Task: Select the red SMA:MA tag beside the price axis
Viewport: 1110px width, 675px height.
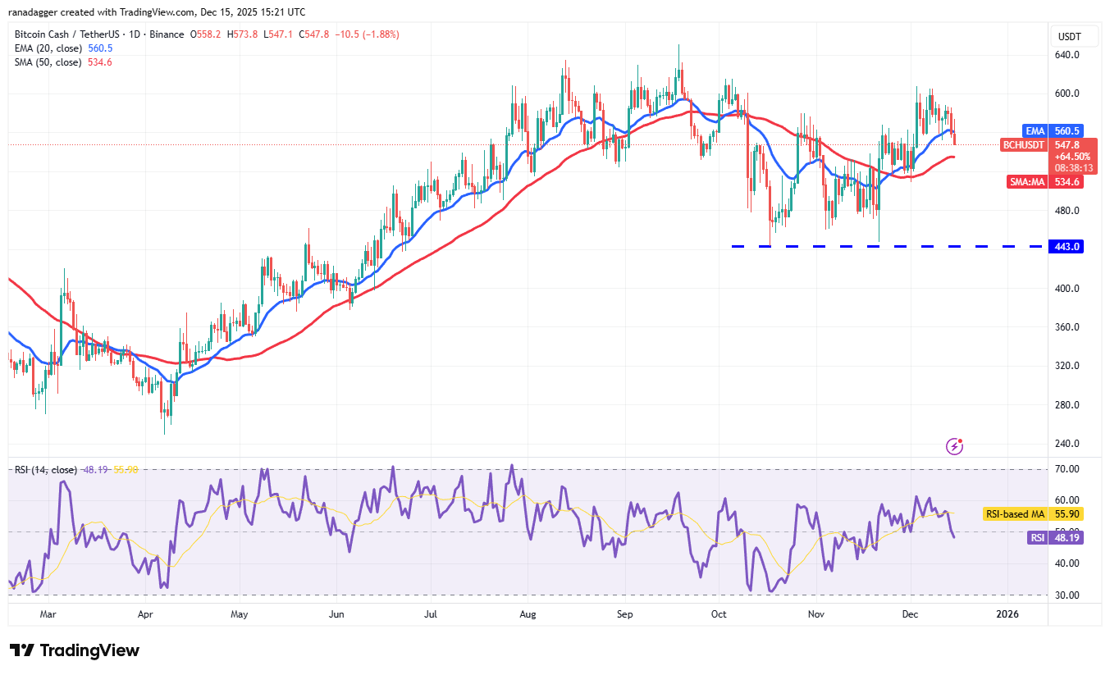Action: pyautogui.click(x=1025, y=182)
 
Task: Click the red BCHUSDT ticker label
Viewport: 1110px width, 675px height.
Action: pyautogui.click(x=1025, y=145)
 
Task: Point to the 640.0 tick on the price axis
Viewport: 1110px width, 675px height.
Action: pyautogui.click(x=1067, y=55)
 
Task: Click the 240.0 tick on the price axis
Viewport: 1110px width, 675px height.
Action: pyautogui.click(x=1067, y=444)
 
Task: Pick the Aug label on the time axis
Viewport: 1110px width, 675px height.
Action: pyautogui.click(x=528, y=613)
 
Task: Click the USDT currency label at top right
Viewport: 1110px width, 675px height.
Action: pyautogui.click(x=1070, y=36)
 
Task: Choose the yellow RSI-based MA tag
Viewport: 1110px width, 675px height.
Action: pyautogui.click(x=1015, y=514)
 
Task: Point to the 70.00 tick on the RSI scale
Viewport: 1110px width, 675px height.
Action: pyautogui.click(x=1067, y=469)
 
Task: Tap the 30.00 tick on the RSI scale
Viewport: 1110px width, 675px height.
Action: pyautogui.click(x=1067, y=595)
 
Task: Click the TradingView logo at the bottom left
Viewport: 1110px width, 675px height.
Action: pyautogui.click(x=75, y=650)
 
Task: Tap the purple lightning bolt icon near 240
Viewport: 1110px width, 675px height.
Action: pyautogui.click(x=954, y=446)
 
